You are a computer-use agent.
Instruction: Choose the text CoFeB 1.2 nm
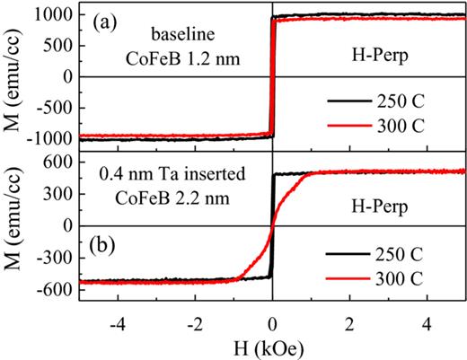pos(188,60)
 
